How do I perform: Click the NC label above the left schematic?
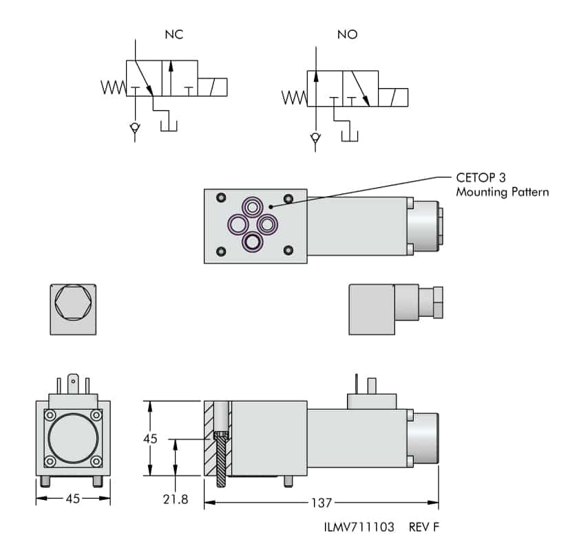tap(173, 34)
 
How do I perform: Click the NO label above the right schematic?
tap(348, 34)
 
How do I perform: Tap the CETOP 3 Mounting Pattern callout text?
tap(502, 185)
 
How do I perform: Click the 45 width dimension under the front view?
tap(72, 499)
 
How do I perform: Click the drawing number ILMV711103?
tap(359, 527)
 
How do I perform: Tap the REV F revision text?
tap(423, 527)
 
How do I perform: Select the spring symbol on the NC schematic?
tap(114, 87)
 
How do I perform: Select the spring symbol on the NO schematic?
tap(295, 98)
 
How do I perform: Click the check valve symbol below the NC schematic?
tap(135, 128)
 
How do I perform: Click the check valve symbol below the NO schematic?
tap(315, 138)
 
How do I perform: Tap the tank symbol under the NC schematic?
tap(169, 125)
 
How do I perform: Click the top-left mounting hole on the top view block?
tap(220, 198)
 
